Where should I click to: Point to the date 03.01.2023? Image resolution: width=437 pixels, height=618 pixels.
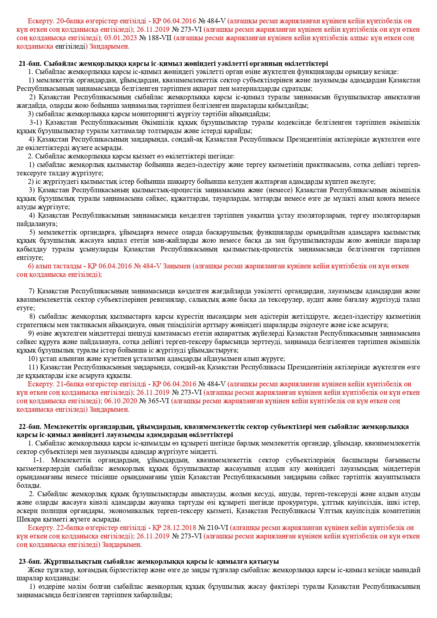pos(120,38)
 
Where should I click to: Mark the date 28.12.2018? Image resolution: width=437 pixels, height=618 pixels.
pos(180,528)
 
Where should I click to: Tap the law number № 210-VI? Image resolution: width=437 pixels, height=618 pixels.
pos(214,528)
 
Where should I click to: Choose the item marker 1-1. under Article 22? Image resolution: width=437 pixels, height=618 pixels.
pos(39,460)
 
